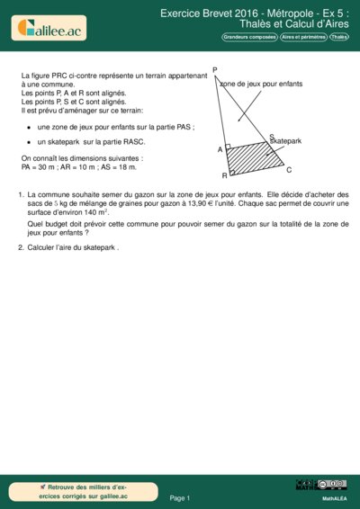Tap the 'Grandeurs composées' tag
249,37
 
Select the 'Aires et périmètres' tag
302,37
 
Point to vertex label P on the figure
215,70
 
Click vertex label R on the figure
224,174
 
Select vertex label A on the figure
220,149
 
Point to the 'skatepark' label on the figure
285,142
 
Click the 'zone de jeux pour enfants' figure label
261,83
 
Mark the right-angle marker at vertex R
232,170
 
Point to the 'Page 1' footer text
180,497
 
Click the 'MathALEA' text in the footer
335,497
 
